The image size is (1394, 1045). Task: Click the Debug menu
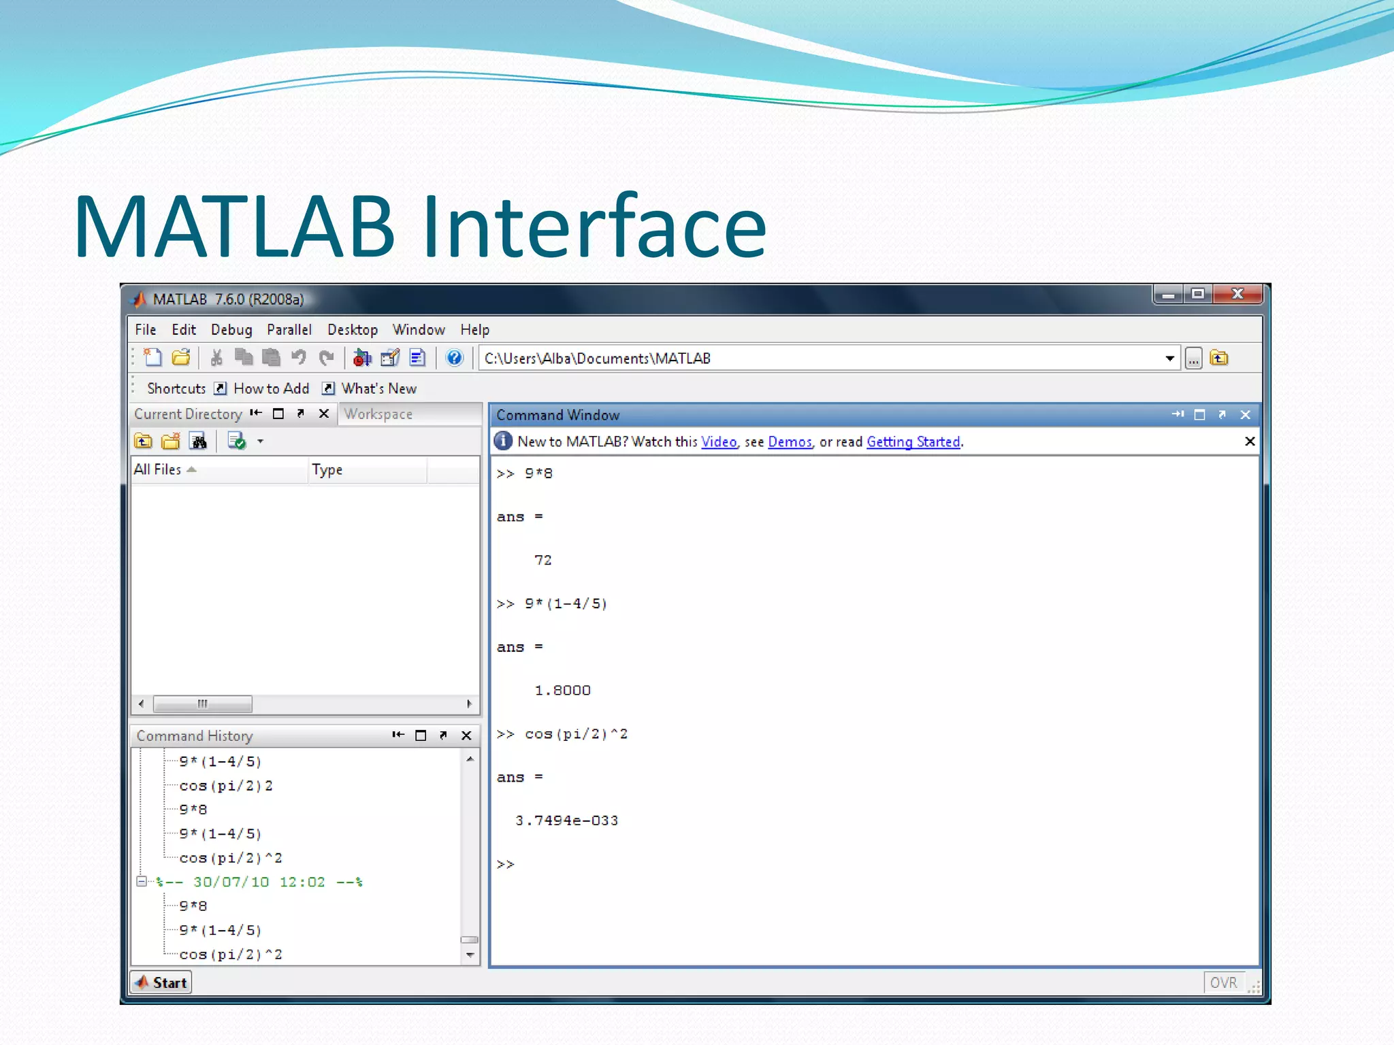(231, 330)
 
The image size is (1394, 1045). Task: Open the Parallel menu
(289, 330)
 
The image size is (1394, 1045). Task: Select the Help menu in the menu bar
(474, 330)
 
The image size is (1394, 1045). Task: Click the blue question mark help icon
(454, 358)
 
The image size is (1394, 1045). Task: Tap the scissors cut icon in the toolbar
(216, 358)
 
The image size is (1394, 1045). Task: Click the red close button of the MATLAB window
(1238, 294)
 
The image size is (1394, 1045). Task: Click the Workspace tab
(378, 414)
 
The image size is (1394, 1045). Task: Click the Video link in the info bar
(719, 442)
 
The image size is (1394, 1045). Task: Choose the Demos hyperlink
(790, 442)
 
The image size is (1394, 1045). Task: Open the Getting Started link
(913, 442)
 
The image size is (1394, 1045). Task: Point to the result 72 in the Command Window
(542, 560)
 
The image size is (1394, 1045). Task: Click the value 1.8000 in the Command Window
(562, 691)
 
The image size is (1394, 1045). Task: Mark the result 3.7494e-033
(566, 820)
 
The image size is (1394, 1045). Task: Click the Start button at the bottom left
(161, 982)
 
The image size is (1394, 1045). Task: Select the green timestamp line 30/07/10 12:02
(259, 882)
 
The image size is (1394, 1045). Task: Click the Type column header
(327, 470)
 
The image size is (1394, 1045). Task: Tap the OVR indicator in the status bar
(1223, 983)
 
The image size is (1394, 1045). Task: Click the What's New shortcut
(378, 388)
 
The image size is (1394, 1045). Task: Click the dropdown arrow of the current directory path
(1169, 359)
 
